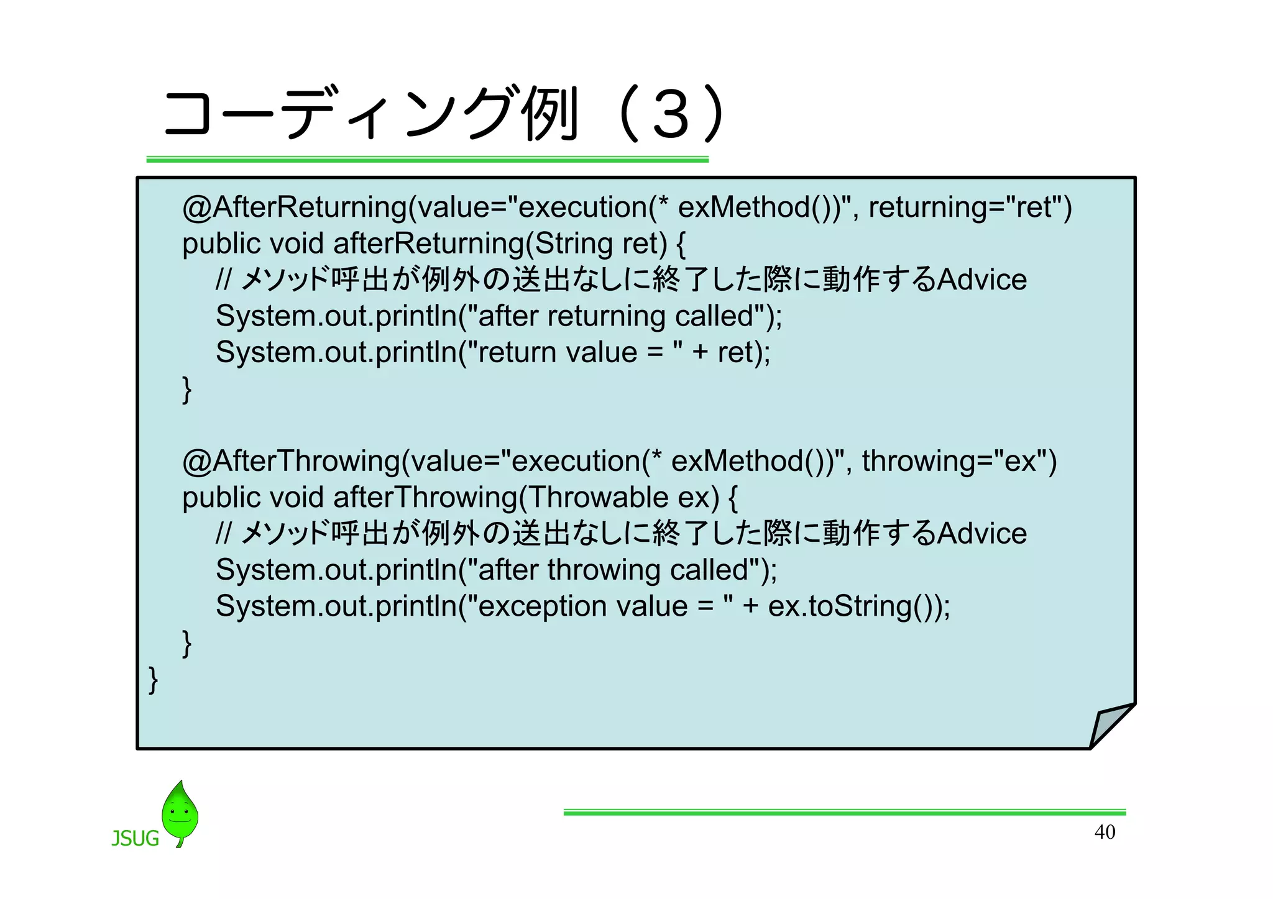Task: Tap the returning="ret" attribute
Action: [x=970, y=208]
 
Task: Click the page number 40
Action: [x=1105, y=832]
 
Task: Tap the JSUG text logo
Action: [x=135, y=839]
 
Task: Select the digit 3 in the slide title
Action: [x=671, y=115]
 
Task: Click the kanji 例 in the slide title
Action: [x=550, y=114]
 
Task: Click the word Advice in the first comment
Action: [x=982, y=280]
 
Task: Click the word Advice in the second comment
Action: [x=982, y=534]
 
